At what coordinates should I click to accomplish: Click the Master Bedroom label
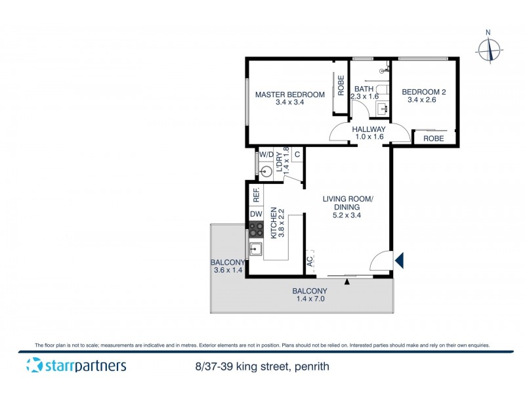coord(290,95)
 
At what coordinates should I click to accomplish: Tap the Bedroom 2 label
coord(424,92)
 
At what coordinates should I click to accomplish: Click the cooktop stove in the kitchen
coord(256,230)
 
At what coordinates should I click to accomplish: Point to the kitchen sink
coord(255,249)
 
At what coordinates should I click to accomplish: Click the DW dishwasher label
coord(256,214)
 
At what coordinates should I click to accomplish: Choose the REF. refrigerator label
coord(257,194)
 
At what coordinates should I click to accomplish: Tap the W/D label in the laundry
coord(266,155)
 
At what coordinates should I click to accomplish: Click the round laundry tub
coord(266,172)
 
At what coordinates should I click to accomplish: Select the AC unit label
coord(309,261)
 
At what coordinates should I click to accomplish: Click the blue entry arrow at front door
coord(398,261)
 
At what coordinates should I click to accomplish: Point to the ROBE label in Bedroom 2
coord(433,139)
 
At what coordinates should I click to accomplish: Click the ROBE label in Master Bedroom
coord(341,86)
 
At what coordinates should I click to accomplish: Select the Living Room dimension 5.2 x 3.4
coord(348,214)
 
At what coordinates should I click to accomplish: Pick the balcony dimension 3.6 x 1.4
coord(228,270)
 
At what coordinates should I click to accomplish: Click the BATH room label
coord(364,89)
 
